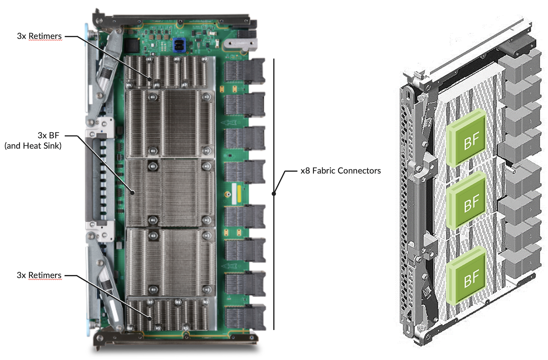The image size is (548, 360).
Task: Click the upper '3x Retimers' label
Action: [39, 36]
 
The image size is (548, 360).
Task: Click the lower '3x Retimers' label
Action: [39, 275]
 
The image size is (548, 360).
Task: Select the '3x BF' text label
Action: [48, 135]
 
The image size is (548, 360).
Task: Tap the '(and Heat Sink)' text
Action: [33, 146]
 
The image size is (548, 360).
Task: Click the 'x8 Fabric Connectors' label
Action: [340, 170]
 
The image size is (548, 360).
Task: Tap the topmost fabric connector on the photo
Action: [245, 71]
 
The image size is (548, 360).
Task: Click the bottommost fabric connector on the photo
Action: [245, 317]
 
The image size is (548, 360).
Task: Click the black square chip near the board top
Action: [130, 46]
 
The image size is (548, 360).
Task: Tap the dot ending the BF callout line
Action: [133, 193]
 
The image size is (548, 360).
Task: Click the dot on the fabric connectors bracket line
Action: [274, 194]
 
